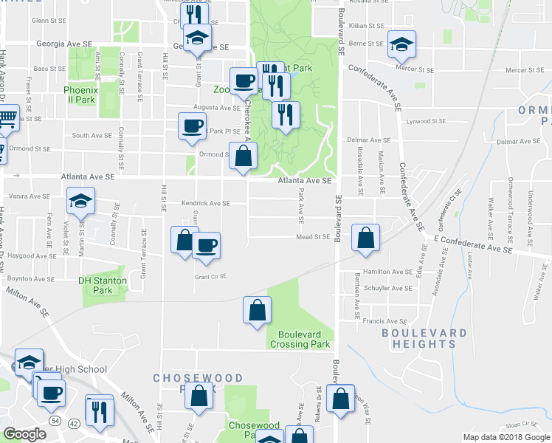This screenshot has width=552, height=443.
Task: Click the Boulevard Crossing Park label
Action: coord(300,339)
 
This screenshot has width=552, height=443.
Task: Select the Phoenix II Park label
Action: coord(79,95)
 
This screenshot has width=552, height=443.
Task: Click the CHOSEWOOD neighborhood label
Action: coord(182,377)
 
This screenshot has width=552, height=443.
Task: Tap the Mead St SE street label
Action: coord(312,237)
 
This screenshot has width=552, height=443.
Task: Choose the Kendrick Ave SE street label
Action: coord(205,204)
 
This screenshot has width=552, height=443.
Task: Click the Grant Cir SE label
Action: coord(210,277)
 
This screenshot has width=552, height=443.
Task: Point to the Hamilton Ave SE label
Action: coord(387,272)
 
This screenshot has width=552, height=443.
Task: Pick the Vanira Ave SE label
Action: coord(29,196)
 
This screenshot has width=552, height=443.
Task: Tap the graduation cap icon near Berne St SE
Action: coord(401,44)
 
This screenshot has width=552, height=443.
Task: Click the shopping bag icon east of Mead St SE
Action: coord(365,238)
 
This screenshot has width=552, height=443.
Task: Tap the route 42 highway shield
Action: coord(72,423)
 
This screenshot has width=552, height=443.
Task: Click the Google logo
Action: coord(24,434)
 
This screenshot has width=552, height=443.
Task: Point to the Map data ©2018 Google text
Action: coord(506,437)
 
